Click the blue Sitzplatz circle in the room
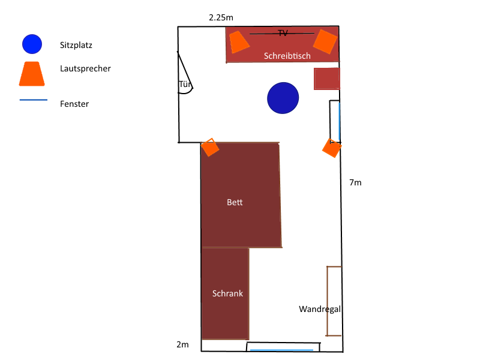point(283,98)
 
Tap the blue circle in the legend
point(32,44)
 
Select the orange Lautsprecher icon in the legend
point(32,74)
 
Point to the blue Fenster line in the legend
point(34,100)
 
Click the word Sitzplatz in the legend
point(76,46)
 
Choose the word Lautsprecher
point(85,68)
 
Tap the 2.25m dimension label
point(221,18)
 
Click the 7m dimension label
point(355,182)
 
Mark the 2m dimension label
point(183,344)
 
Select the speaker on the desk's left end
point(239,41)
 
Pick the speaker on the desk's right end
point(325,41)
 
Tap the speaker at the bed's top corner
point(210,147)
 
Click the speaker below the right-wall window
point(332,148)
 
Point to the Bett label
point(235,202)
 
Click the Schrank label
point(228,293)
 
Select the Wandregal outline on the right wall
point(327,301)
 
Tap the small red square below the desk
point(327,79)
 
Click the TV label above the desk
point(283,33)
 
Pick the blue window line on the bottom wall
point(281,350)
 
